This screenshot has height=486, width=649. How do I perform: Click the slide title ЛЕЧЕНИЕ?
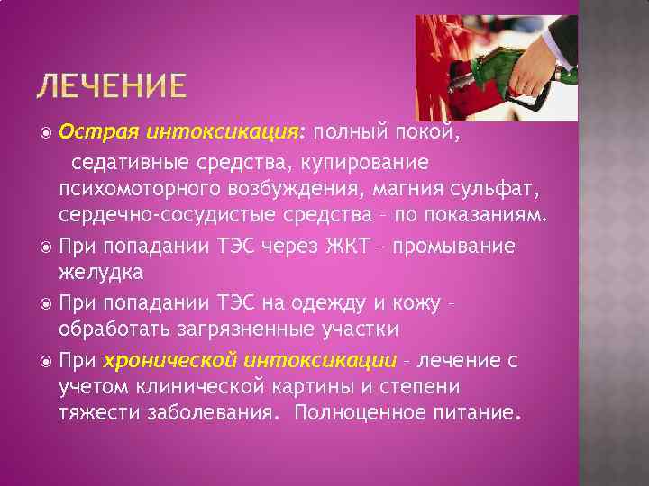pos(112,88)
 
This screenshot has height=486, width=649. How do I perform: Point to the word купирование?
pos(368,164)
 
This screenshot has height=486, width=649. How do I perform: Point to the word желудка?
pos(100,272)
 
